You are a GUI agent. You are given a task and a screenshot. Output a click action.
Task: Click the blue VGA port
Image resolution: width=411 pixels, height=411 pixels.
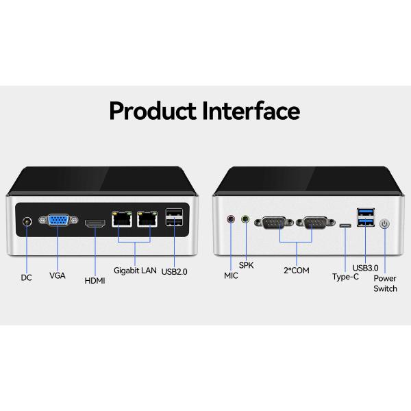(58, 220)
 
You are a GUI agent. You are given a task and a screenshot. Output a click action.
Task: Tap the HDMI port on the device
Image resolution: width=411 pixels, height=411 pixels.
(95, 223)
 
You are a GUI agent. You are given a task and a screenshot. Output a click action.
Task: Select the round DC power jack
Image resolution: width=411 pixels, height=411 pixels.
(27, 222)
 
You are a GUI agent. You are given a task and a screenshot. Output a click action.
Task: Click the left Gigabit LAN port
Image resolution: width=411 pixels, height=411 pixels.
(122, 219)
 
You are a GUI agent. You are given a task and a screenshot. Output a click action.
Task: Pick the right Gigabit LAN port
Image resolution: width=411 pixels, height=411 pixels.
(147, 219)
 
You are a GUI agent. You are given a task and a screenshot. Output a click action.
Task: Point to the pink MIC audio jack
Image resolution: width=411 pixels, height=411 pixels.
(231, 219)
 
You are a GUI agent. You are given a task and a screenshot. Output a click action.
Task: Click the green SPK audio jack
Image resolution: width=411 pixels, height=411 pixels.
(245, 219)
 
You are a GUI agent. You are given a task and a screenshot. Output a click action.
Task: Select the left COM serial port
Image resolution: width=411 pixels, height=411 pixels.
(274, 222)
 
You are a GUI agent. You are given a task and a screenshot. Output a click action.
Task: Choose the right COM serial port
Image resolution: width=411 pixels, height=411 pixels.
(316, 222)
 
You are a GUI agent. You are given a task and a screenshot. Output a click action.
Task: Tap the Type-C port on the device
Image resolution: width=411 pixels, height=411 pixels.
(345, 225)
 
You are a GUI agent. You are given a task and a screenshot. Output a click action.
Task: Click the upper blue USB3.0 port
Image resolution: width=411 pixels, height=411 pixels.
(366, 211)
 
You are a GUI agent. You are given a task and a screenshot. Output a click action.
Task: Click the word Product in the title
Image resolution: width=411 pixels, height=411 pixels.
(153, 112)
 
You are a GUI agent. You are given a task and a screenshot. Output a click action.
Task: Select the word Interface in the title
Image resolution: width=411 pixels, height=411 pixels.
(251, 111)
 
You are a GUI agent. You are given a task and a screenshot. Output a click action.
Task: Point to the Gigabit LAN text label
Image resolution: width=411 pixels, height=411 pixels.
(135, 271)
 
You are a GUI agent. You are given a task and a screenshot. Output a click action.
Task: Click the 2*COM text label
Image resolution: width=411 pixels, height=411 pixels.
(297, 271)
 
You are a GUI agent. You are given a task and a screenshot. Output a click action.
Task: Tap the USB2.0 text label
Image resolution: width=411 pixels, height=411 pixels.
(174, 271)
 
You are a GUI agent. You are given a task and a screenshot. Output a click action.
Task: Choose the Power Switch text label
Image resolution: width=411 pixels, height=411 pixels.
(385, 284)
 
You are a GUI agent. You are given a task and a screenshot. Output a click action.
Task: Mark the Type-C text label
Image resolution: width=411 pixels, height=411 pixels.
(345, 277)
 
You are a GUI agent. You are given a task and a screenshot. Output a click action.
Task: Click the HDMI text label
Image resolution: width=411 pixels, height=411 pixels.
(95, 281)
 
